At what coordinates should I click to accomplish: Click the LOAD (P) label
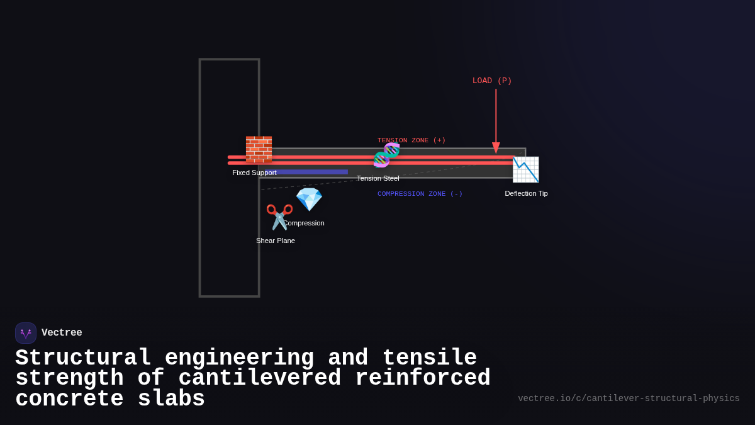492,81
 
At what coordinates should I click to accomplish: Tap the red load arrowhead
496,148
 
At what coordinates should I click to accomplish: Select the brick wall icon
259,149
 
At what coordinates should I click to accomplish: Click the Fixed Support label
254,173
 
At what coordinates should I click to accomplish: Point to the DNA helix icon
386,155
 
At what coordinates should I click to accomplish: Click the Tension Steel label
377,178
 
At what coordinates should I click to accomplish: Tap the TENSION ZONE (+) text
411,140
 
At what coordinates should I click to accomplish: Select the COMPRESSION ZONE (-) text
420,194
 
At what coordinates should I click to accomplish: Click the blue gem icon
309,200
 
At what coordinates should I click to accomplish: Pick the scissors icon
279,217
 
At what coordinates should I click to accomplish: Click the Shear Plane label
276,241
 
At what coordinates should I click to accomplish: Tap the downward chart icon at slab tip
525,169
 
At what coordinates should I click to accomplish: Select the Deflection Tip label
526,193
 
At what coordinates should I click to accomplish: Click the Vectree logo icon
26,333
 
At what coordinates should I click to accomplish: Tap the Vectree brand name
62,333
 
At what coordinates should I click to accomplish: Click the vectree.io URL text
629,399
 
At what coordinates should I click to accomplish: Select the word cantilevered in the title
259,378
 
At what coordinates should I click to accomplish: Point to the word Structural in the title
83,358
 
